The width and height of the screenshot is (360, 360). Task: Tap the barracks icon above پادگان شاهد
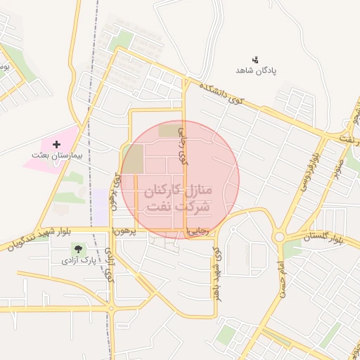pyautogui.click(x=255, y=59)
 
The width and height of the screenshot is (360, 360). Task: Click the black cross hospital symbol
pyautogui.click(x=57, y=144)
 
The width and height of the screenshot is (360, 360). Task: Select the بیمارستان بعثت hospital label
pyautogui.click(x=57, y=154)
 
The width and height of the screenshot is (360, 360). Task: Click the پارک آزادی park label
pyautogui.click(x=77, y=260)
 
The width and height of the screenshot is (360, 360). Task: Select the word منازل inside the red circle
pyautogui.click(x=205, y=191)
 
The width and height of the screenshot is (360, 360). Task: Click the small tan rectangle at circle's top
pyautogui.click(x=168, y=130)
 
